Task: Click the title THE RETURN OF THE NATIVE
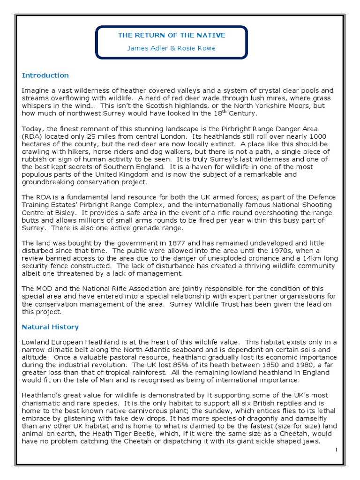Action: (x=172, y=35)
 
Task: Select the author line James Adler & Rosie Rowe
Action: (x=172, y=48)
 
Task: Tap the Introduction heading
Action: (x=45, y=75)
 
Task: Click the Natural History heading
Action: (x=50, y=327)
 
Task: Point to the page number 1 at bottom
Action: (x=337, y=450)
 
